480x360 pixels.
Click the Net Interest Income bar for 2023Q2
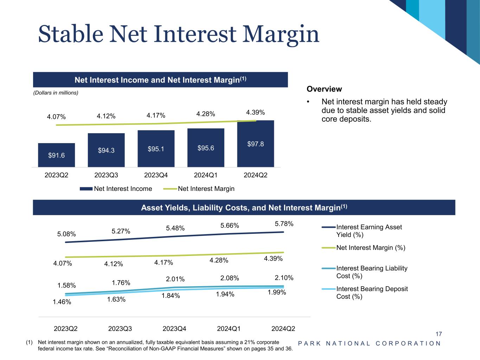[56, 155]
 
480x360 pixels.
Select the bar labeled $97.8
[256, 143]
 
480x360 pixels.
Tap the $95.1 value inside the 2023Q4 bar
[156, 149]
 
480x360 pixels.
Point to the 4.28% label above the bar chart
[205, 114]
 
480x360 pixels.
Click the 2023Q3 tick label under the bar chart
[106, 175]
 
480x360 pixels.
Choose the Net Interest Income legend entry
[116, 189]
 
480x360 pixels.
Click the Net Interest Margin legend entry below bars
[199, 189]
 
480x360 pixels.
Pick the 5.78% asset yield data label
[284, 224]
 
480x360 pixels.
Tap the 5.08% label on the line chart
[66, 234]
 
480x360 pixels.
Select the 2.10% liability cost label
[284, 278]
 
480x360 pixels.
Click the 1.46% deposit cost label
[62, 302]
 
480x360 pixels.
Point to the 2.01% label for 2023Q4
[175, 279]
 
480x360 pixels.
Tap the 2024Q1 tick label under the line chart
[229, 329]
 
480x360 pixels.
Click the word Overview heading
[324, 89]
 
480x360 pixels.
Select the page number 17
[439, 334]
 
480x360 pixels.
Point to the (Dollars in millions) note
[56, 93]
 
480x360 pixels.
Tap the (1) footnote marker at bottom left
[29, 342]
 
